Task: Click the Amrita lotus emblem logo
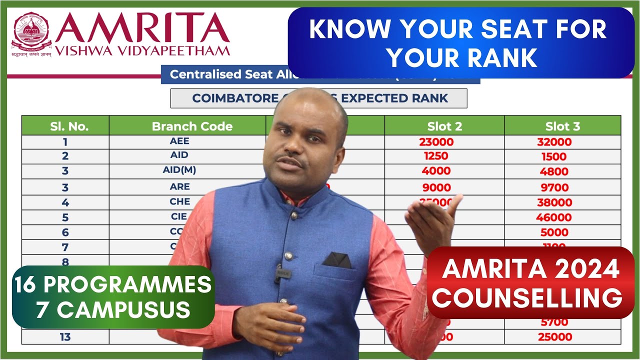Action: click(x=31, y=33)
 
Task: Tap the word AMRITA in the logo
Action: click(x=142, y=29)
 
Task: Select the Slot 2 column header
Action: click(x=444, y=126)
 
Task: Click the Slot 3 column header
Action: click(x=562, y=126)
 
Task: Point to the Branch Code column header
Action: click(x=192, y=126)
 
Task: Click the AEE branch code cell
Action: click(x=179, y=141)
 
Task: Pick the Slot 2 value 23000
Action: click(x=436, y=141)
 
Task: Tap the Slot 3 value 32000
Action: click(x=554, y=142)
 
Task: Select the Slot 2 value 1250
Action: click(x=435, y=155)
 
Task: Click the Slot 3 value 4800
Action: click(x=554, y=171)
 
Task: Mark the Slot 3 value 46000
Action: click(x=553, y=217)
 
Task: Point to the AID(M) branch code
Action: click(x=179, y=170)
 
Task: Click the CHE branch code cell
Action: click(x=180, y=201)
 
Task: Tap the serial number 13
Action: click(x=65, y=337)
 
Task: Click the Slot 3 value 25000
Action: click(x=554, y=337)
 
